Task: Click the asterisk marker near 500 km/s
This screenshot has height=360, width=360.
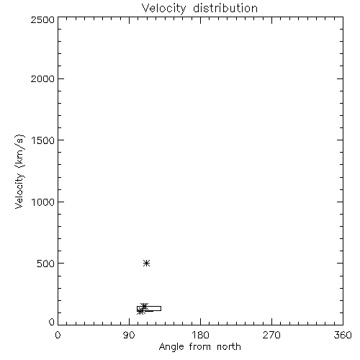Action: [146, 264]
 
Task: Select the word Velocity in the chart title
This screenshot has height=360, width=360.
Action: [163, 9]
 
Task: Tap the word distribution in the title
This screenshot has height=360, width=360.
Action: [225, 8]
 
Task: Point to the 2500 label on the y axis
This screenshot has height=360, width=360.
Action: [42, 19]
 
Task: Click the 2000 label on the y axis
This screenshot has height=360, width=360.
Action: [42, 78]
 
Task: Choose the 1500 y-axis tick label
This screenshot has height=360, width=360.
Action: [43, 140]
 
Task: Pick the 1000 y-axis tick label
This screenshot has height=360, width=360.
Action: [43, 202]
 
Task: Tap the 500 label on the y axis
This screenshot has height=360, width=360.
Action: [45, 264]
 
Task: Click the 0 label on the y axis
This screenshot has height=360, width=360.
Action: [52, 322]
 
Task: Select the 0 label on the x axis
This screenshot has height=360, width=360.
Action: [58, 335]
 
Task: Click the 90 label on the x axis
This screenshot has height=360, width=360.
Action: [129, 335]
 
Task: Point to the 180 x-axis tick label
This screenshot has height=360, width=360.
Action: [200, 335]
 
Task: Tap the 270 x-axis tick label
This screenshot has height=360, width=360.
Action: [271, 335]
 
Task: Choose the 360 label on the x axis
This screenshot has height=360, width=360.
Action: [343, 335]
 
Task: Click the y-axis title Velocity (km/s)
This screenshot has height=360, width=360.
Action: [19, 171]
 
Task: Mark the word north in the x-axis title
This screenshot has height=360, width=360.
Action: [229, 347]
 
